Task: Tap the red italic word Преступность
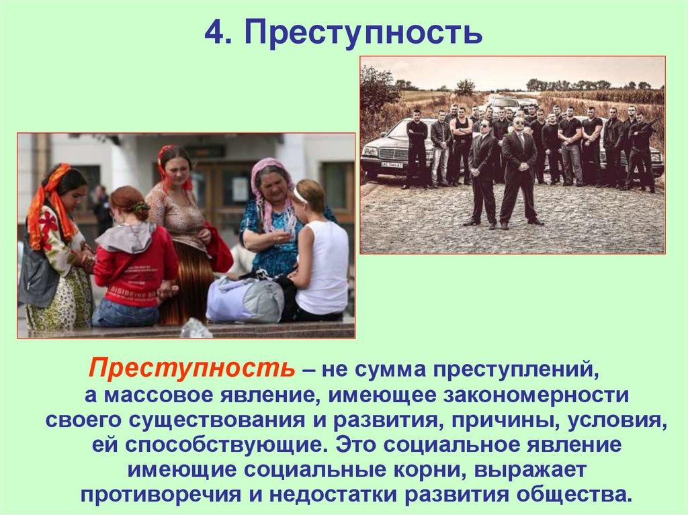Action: coord(192,369)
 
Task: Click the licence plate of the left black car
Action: coord(390,165)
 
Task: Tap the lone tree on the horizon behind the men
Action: coord(464,87)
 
